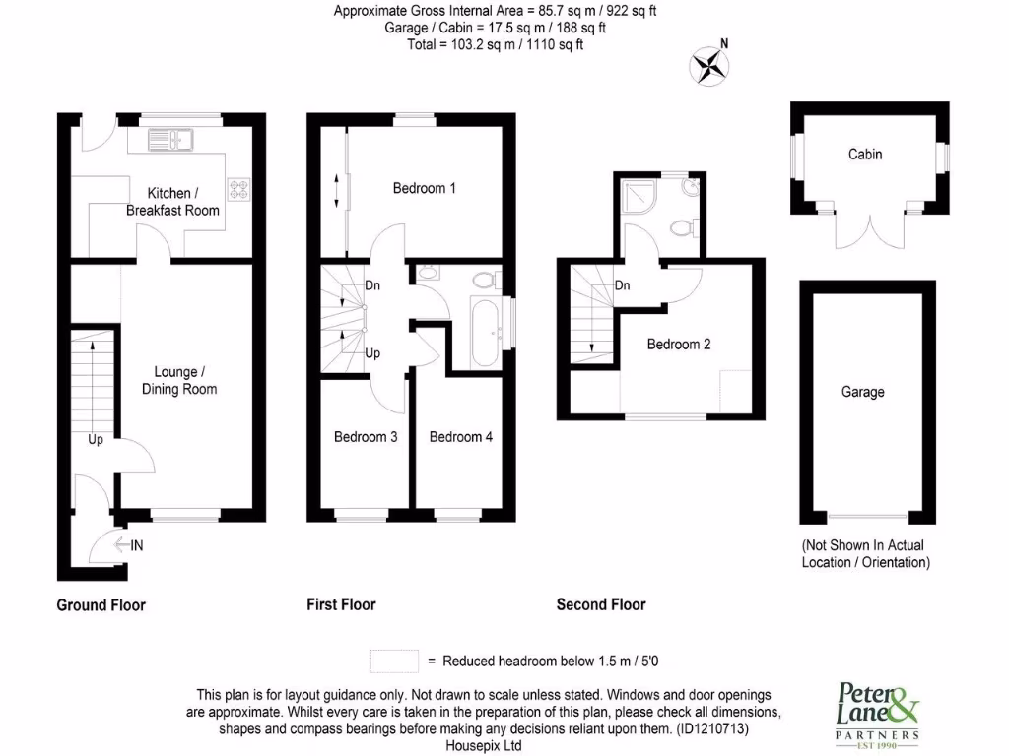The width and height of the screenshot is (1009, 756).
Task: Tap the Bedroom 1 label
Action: (x=424, y=188)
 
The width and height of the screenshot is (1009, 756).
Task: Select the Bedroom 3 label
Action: (x=366, y=437)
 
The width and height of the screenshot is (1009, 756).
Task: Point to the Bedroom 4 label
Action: (x=461, y=437)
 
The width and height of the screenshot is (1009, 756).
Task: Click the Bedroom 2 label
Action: (x=679, y=345)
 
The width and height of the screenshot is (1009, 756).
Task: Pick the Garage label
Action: (x=862, y=392)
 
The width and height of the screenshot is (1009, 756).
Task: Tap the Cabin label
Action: (x=865, y=155)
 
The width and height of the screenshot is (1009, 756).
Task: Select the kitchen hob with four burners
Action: (x=240, y=187)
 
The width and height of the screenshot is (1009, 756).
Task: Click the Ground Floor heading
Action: (x=101, y=604)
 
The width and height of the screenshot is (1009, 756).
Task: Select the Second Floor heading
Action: (x=601, y=604)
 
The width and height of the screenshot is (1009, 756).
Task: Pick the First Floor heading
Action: (x=341, y=604)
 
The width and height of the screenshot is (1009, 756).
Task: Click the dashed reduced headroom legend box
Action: (x=394, y=661)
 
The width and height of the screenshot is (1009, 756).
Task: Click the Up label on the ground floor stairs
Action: (x=96, y=440)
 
